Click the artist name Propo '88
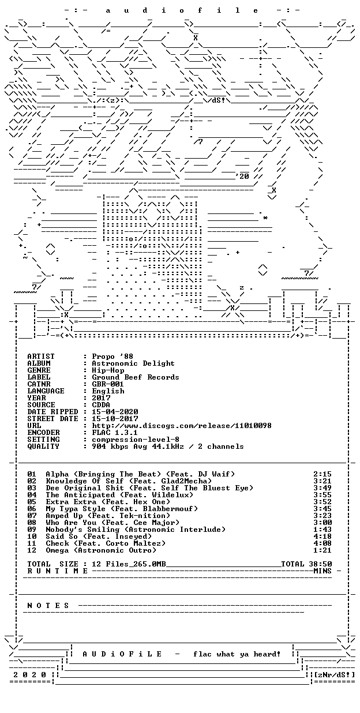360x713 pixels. [112, 356]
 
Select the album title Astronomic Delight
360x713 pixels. [133, 363]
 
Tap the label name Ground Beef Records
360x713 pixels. [135, 377]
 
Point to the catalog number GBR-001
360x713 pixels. [107, 384]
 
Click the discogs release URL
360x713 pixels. [182, 426]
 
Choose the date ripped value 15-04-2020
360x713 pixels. [115, 412]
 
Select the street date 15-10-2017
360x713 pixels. [115, 419]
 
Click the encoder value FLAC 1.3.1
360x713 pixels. [115, 433]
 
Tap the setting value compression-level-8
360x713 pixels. [136, 440]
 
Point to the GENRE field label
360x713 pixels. [39, 370]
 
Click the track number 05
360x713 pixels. [32, 502]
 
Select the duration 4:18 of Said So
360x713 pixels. [322, 536]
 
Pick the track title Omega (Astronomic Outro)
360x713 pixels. [101, 550]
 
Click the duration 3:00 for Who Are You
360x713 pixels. [322, 523]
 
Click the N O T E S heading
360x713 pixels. [48, 605]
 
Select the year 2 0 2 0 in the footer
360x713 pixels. [29, 675]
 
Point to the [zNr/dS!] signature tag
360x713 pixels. [334, 675]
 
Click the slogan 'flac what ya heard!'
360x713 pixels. [237, 654]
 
